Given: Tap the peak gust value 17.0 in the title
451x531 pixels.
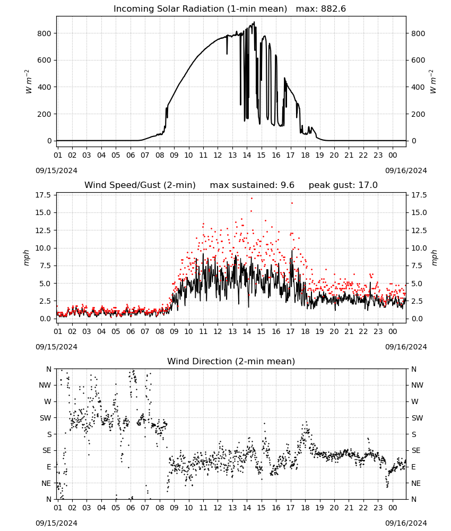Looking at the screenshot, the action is (368, 185).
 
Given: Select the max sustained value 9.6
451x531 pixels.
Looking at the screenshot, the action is (287, 185).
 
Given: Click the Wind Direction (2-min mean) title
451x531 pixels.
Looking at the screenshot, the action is (231, 361).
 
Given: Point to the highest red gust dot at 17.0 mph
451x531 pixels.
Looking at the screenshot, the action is (251, 199).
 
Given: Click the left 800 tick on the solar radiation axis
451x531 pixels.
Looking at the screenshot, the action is (45, 33).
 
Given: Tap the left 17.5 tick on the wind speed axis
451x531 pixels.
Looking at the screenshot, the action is (44, 195).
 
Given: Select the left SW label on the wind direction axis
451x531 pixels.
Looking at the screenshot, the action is (46, 418).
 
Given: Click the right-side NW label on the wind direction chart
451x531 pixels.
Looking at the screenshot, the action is (417, 385).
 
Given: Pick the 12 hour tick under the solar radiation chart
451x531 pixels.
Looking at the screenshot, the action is (218, 155).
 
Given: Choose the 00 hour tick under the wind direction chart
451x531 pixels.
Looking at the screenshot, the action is (393, 508).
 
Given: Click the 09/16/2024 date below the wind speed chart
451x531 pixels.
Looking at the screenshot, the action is (406, 347).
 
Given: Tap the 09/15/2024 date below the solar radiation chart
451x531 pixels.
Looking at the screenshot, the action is (56, 170).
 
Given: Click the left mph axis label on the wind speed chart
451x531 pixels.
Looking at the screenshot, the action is (27, 258).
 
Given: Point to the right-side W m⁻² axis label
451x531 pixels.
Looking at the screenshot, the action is (433, 82).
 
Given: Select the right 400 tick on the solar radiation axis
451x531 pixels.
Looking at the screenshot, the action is (418, 87).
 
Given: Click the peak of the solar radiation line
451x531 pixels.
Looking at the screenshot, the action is (254, 22).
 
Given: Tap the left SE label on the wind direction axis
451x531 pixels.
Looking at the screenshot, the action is (46, 450).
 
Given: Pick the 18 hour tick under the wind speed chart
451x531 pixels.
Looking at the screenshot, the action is (305, 331).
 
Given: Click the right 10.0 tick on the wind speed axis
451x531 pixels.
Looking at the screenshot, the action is (419, 248).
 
